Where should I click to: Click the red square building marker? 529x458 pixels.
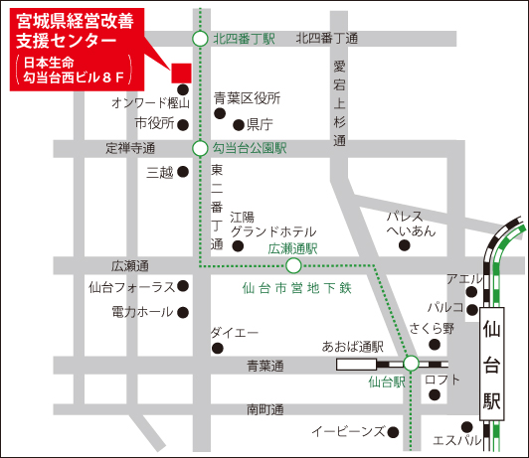(x=180, y=72)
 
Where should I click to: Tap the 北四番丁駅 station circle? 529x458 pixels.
(x=200, y=39)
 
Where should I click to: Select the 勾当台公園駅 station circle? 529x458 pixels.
(x=200, y=147)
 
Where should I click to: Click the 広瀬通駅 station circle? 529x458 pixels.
(x=293, y=265)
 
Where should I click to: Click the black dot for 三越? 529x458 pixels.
(x=183, y=172)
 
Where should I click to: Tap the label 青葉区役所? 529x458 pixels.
(x=248, y=98)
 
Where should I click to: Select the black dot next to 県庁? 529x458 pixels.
(x=238, y=125)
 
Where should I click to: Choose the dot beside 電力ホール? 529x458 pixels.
(x=183, y=312)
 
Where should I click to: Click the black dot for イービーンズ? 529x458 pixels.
(x=394, y=431)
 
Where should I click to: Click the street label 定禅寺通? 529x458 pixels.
(x=130, y=148)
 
